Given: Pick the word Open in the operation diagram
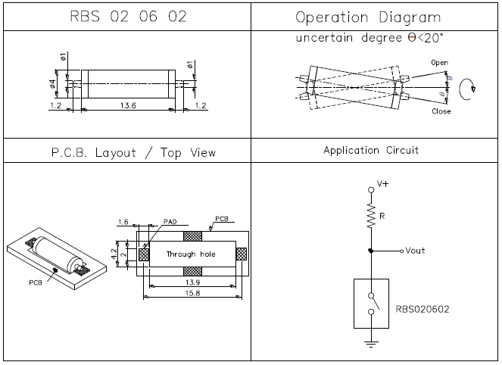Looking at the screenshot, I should (439, 61).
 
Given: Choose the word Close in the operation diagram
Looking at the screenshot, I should (441, 111).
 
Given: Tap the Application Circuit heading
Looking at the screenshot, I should (371, 151).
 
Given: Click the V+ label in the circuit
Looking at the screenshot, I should (382, 184).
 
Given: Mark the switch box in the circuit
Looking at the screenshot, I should (372, 303).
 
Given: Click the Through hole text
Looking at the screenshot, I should (191, 254).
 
